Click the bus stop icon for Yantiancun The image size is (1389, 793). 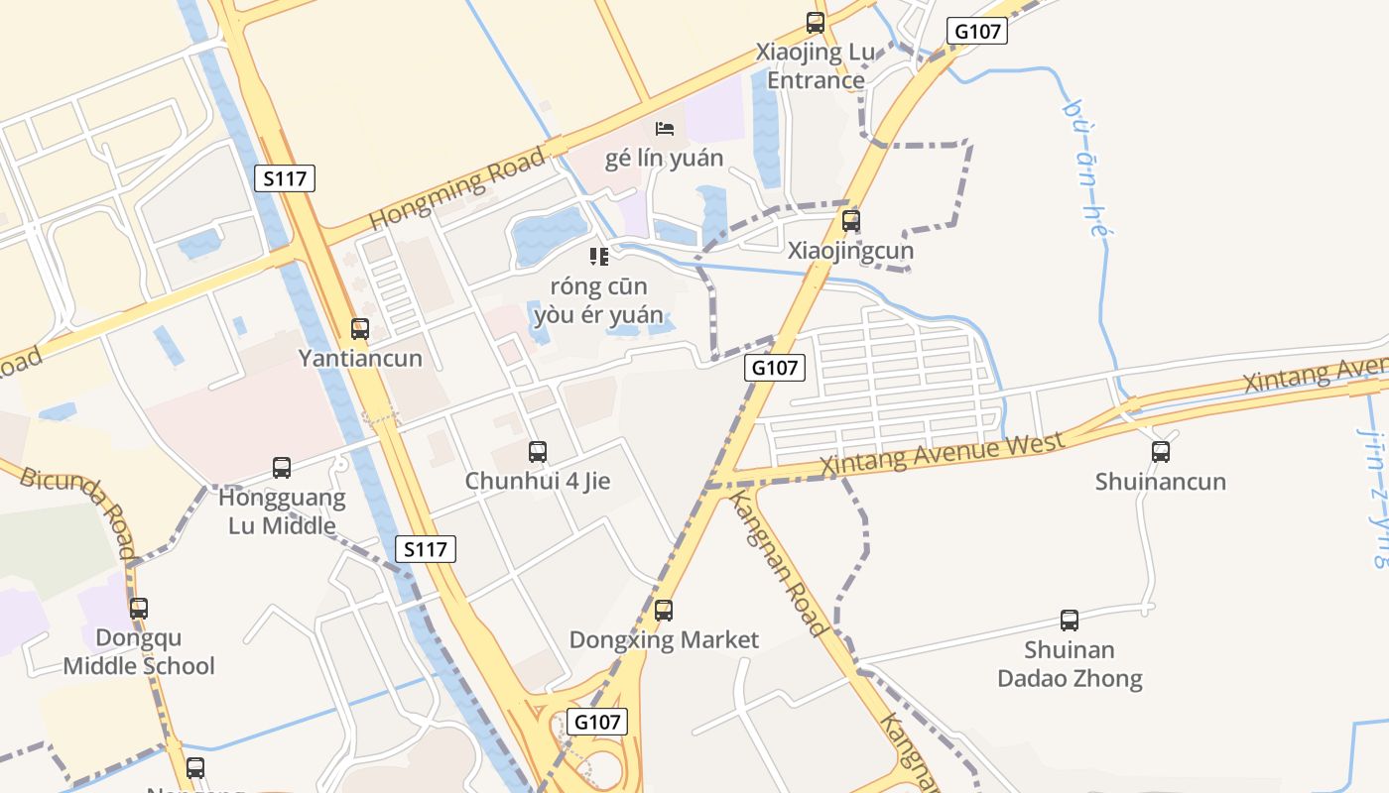pos(360,328)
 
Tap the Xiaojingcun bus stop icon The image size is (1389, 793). pos(850,221)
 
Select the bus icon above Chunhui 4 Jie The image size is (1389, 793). pos(538,452)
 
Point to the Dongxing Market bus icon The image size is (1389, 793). pos(664,611)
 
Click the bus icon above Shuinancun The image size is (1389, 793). pos(1161,452)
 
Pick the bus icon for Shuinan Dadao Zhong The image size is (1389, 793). pos(1070,621)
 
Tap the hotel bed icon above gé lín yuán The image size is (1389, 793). pos(665,129)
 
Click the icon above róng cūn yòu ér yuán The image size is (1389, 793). pos(598,257)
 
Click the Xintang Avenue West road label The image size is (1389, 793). pos(943,453)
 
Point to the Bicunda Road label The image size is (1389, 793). pos(78,513)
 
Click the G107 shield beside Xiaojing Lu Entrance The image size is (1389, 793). pos(977,31)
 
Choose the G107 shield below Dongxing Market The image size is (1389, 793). pos(597,721)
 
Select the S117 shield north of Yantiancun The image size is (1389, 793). pos(285,178)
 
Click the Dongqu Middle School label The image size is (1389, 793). pos(139,651)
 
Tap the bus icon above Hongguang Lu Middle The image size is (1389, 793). pos(282,468)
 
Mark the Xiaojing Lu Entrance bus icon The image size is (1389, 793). pos(816,23)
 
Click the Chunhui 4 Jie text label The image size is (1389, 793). pos(538,482)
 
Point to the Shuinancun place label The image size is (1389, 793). pos(1161,482)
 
